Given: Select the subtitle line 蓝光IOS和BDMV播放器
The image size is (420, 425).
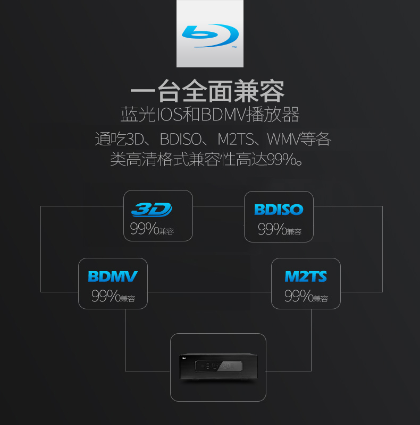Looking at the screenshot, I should [209, 115].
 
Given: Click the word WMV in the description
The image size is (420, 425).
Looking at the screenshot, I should [282, 140].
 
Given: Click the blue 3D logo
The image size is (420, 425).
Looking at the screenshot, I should [152, 210].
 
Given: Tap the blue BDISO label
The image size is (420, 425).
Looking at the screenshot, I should [279, 210].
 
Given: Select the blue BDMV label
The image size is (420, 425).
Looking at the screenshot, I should [113, 276].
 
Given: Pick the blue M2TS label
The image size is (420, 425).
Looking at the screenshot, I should [306, 276].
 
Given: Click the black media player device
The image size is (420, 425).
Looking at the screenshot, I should [218, 367].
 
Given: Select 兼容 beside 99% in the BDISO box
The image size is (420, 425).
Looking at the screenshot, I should [294, 231].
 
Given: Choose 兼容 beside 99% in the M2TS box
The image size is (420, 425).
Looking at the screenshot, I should [321, 298].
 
